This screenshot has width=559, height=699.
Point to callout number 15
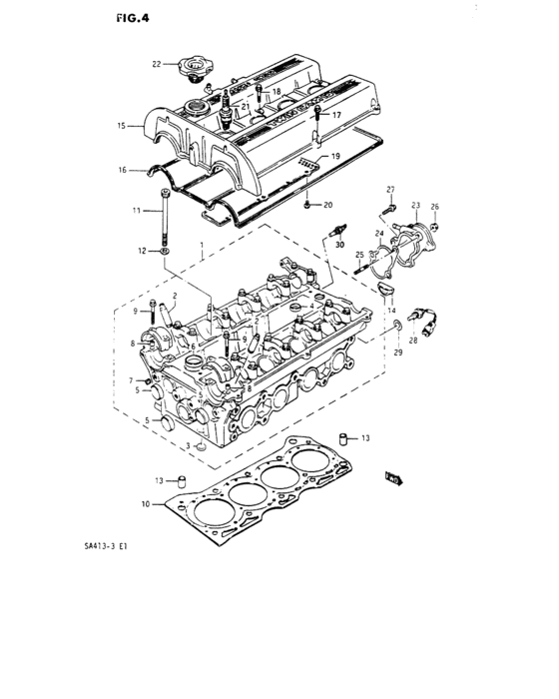[x=122, y=127]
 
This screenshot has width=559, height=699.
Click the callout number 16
[x=122, y=171]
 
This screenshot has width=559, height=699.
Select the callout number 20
[x=327, y=206]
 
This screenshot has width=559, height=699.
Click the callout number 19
[x=335, y=157]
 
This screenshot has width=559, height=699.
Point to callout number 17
[x=335, y=116]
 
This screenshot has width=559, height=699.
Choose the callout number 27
[x=391, y=190]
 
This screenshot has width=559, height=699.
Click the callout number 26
[x=434, y=207]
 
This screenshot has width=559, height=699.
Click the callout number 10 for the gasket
[x=146, y=504]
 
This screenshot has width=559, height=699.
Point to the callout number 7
[x=131, y=380]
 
